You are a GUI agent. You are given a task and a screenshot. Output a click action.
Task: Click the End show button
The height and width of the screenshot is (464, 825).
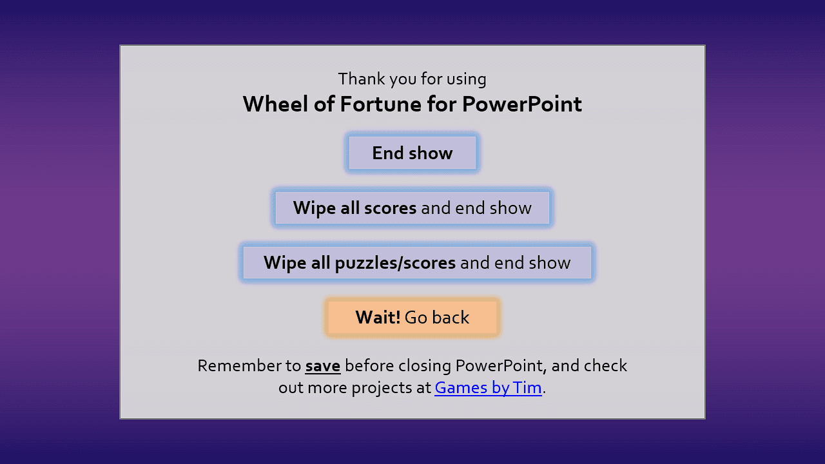412,153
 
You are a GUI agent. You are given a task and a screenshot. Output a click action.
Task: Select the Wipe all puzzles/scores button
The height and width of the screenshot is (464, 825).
417,262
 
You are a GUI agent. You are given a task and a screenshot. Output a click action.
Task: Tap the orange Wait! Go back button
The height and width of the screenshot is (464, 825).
412,318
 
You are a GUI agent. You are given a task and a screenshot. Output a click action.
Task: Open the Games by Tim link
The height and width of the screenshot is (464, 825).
488,388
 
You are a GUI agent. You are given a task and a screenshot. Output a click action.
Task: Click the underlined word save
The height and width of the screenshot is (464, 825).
323,366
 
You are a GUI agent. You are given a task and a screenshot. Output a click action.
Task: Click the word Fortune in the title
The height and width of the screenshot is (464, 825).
380,104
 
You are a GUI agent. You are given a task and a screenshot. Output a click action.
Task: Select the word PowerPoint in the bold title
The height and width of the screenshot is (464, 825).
522,104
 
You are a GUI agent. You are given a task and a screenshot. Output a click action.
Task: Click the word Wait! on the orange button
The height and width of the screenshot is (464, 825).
378,318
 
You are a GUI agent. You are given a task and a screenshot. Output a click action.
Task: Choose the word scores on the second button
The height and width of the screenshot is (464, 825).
391,208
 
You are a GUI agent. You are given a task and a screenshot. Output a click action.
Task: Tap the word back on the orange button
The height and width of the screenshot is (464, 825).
451,318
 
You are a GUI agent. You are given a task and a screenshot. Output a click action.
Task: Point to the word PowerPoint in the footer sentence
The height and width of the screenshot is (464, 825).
500,365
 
